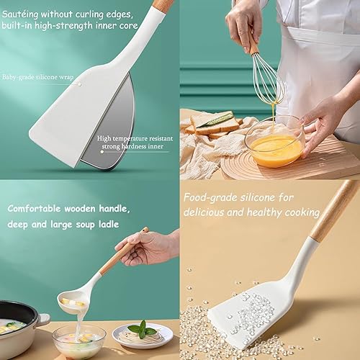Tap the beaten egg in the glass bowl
pyautogui.click(x=275, y=151)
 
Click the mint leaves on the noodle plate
pyautogui.click(x=142, y=330)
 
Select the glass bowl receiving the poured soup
pyautogui.click(x=78, y=341)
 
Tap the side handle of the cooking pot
pyautogui.click(x=44, y=318)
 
